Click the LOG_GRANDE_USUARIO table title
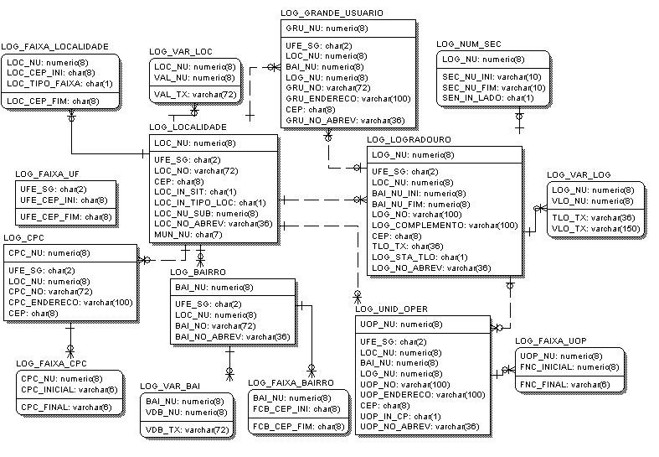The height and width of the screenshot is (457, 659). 332,13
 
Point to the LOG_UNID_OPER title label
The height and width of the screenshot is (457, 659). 391,309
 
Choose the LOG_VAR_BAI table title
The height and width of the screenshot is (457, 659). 170,386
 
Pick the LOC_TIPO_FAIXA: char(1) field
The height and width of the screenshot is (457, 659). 59,83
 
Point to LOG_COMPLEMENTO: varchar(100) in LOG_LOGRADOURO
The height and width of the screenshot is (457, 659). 444,225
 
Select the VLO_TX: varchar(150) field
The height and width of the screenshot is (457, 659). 595,228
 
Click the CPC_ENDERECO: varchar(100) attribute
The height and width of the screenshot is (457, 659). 70,302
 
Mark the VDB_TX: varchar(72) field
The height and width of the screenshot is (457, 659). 188,429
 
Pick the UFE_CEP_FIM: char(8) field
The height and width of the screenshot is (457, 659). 66,216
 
